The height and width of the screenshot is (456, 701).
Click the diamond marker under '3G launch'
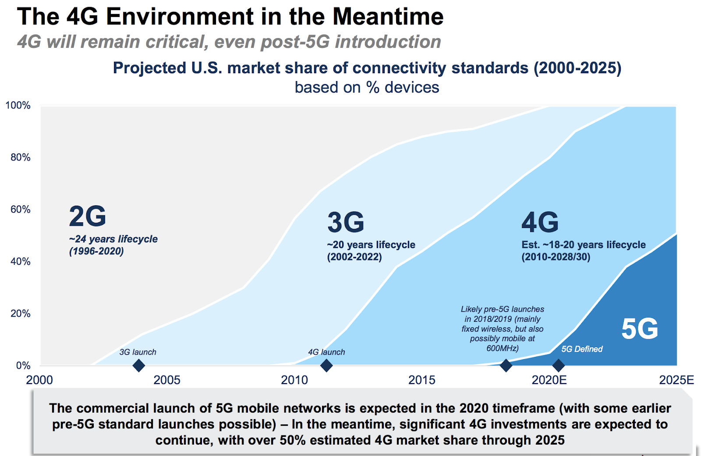(x=138, y=365)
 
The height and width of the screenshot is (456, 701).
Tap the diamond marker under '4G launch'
(x=326, y=365)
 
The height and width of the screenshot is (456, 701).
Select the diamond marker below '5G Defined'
(x=558, y=365)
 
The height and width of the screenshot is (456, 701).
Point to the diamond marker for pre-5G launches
(x=506, y=365)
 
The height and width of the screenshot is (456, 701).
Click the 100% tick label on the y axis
(x=18, y=106)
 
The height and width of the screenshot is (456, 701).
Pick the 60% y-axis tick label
(x=21, y=210)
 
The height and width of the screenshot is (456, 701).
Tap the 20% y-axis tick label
(x=21, y=313)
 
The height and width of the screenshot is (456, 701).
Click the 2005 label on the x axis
(x=167, y=380)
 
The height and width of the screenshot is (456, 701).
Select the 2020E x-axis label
(x=549, y=380)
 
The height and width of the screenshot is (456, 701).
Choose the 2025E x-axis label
(x=676, y=380)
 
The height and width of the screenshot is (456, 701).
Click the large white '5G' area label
(x=640, y=329)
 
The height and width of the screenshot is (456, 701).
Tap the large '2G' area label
(x=88, y=216)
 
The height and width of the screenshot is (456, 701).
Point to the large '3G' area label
(x=346, y=222)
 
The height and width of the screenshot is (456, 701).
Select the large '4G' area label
(x=540, y=222)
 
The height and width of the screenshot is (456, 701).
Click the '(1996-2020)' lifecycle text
(x=96, y=251)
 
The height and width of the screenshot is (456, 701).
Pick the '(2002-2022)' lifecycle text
(x=354, y=257)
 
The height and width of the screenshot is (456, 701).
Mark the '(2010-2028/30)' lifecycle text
(x=556, y=257)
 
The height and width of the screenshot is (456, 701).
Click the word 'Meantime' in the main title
(x=388, y=17)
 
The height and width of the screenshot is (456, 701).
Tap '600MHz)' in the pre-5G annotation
(x=503, y=349)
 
